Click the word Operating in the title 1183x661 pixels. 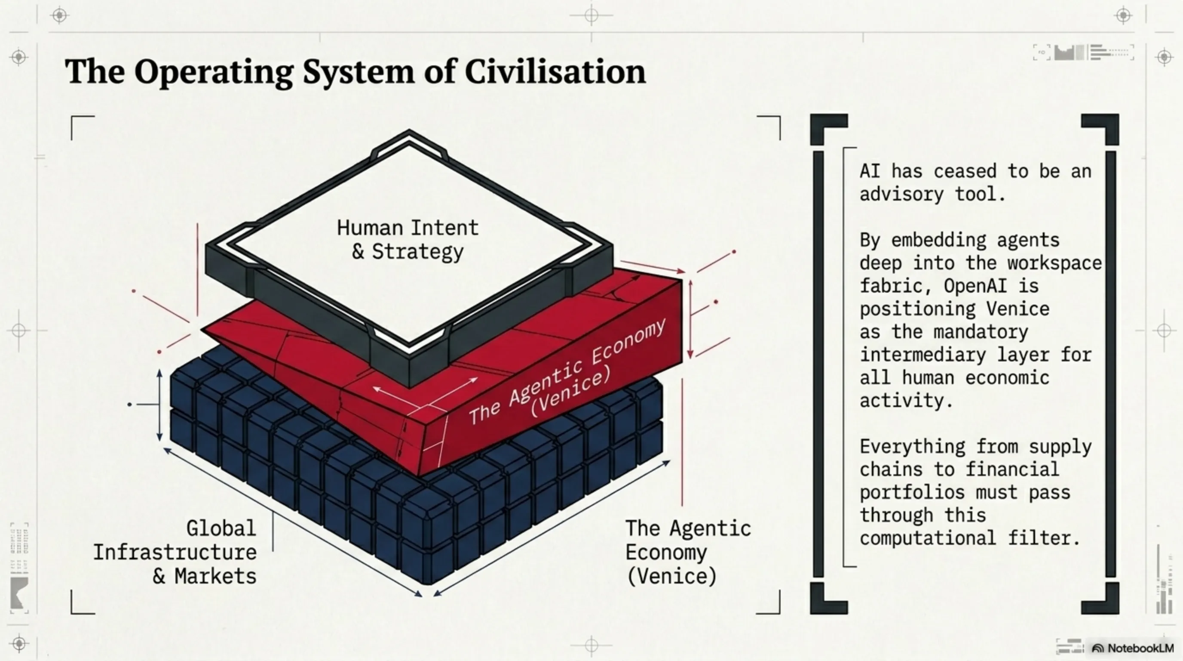214,73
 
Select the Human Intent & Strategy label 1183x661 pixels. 408,240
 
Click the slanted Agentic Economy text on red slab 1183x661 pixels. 567,372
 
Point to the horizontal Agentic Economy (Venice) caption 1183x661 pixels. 688,552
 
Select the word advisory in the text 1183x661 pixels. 901,195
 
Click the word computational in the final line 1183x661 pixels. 928,538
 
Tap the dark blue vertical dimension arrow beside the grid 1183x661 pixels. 159,405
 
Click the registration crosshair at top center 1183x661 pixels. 591,15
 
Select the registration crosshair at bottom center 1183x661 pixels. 591,646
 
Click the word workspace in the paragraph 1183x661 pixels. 1054,263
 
